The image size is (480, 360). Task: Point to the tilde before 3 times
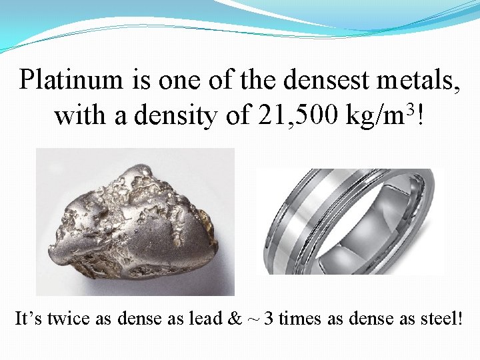click(253, 318)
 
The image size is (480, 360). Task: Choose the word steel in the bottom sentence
click(441, 318)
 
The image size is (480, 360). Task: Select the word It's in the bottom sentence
click(29, 318)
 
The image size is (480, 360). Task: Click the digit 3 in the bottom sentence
click(268, 318)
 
